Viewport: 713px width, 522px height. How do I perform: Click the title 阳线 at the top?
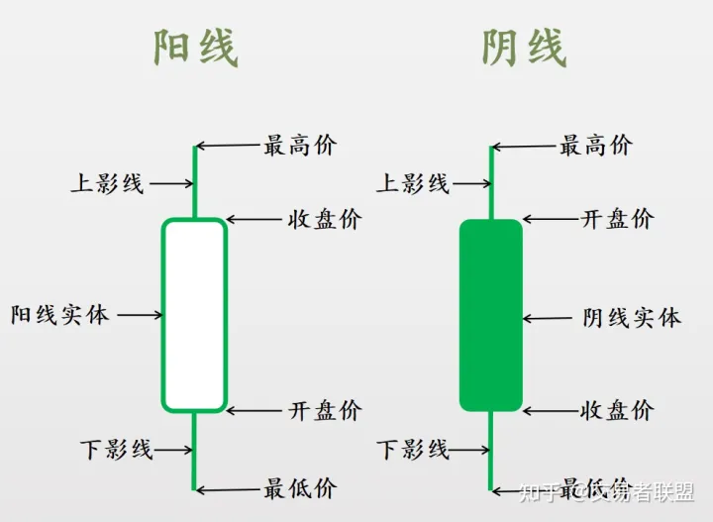196,48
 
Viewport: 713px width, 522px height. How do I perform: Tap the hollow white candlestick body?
195,315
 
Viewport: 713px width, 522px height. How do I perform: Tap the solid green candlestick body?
490,315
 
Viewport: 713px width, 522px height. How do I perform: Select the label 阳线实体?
59,315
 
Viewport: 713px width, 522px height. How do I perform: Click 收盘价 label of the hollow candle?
325,219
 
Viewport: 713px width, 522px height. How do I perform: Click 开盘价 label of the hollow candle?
325,410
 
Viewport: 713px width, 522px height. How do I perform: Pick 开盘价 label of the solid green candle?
617,219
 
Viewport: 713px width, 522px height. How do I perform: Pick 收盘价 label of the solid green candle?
617,410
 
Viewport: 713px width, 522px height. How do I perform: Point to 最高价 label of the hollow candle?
300,146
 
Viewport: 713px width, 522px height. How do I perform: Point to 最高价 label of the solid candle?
596,146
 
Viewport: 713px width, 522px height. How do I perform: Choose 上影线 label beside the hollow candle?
107,183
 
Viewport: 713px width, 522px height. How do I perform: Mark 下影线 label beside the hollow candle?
117,449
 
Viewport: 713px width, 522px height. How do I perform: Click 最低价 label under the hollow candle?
300,487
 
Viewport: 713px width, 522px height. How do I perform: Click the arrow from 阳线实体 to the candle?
140,315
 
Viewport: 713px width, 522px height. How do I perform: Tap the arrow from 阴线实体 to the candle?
545,318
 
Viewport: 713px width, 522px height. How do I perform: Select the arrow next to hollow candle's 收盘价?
254,219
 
